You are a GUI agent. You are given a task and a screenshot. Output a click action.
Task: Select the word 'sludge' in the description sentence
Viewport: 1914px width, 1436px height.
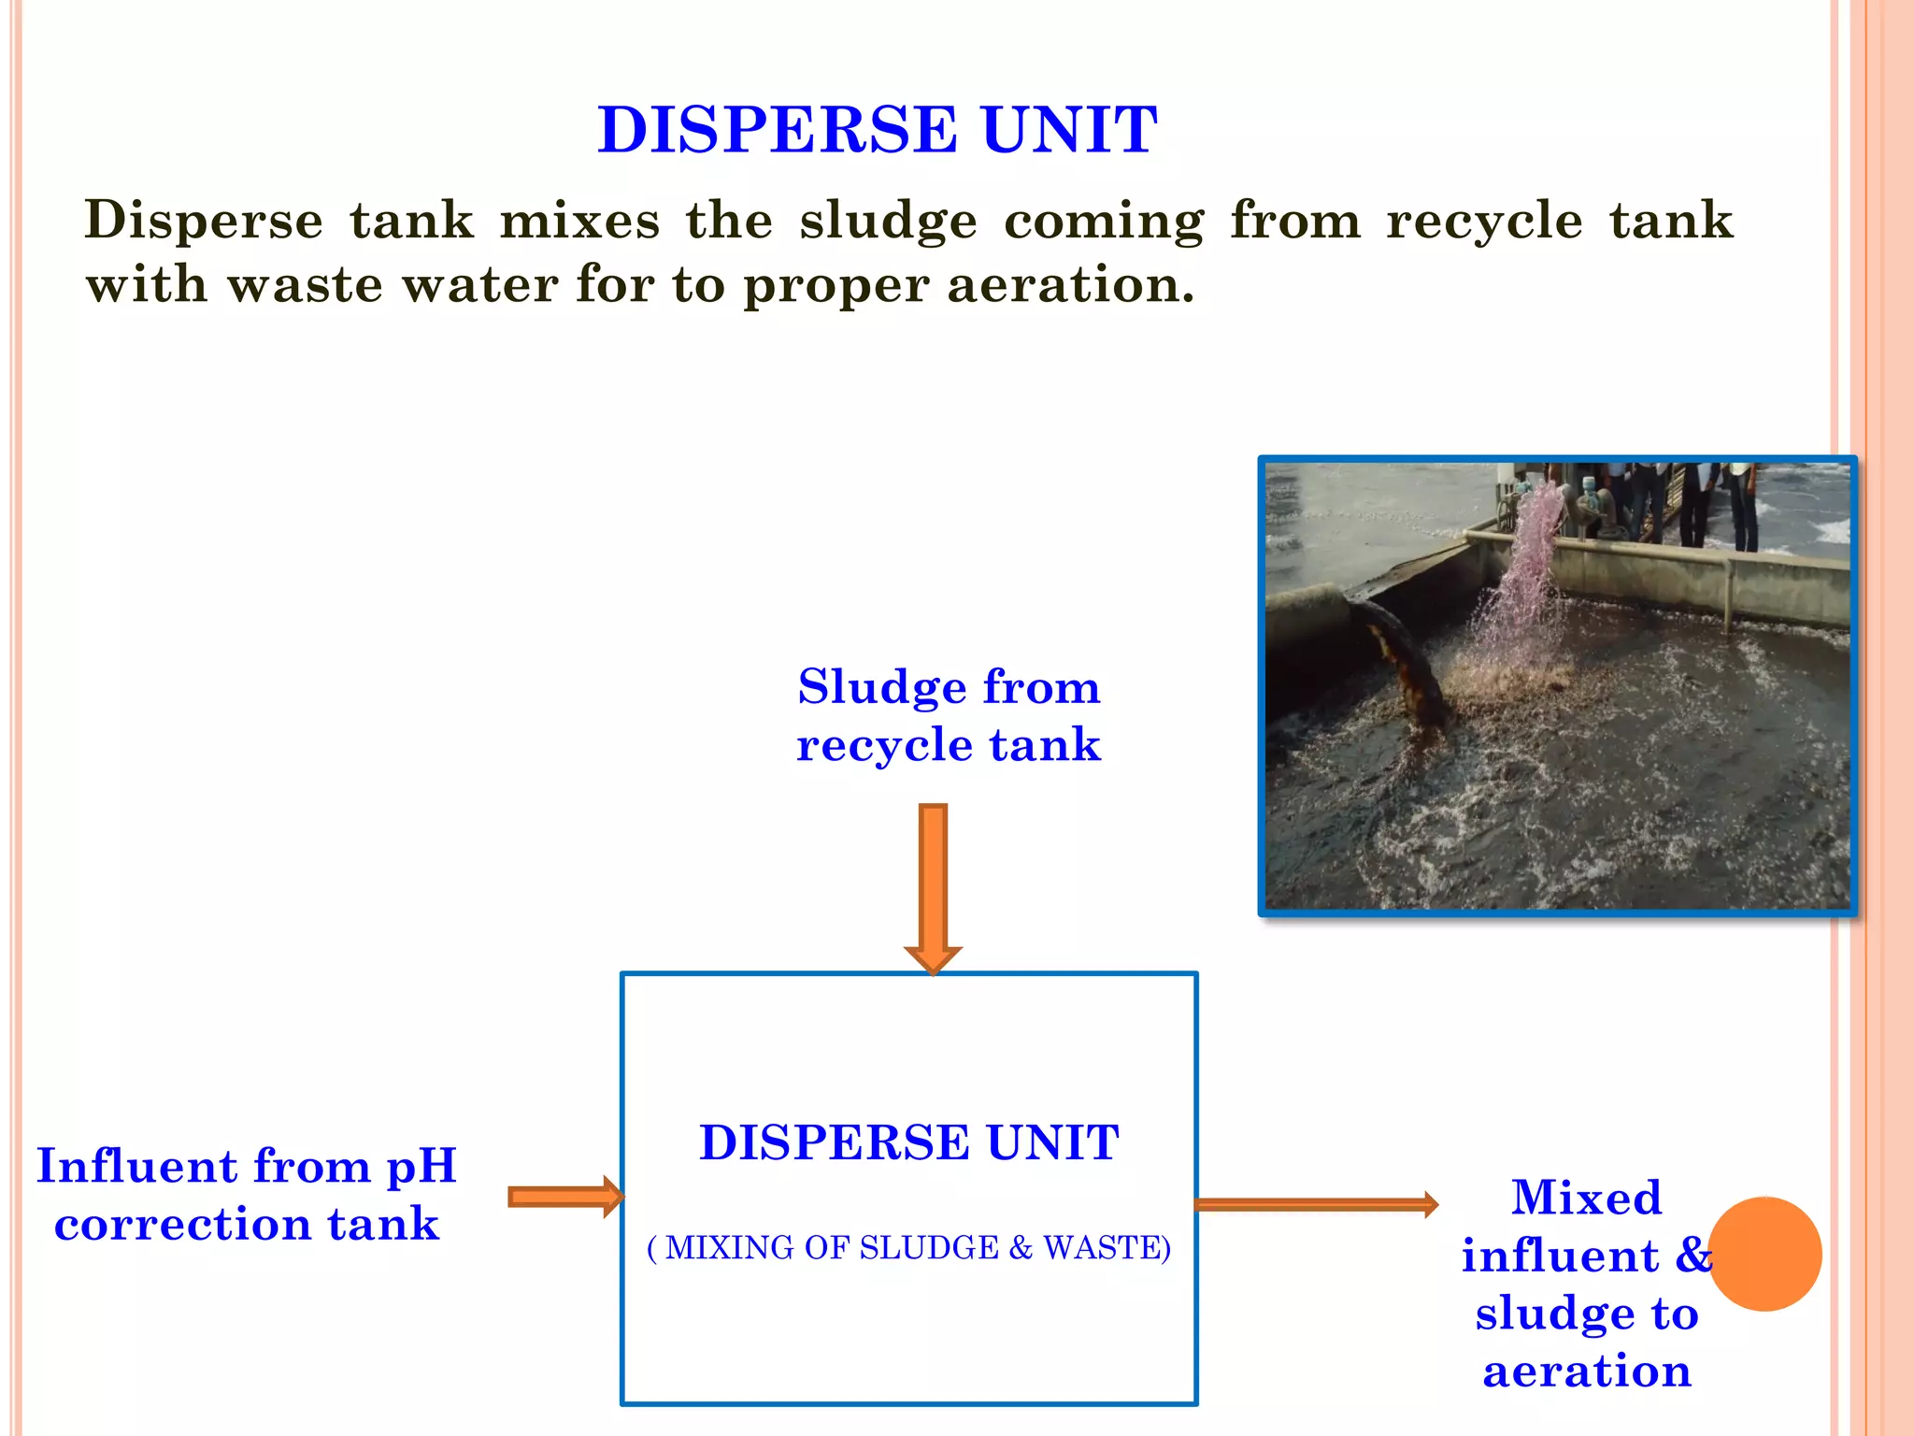888,222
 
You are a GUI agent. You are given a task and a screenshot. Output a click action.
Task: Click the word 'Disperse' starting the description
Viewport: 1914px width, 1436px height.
204,222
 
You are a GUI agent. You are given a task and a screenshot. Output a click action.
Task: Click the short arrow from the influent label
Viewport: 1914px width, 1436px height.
564,1197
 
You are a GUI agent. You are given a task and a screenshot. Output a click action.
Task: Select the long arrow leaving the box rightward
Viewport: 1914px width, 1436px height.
1316,1204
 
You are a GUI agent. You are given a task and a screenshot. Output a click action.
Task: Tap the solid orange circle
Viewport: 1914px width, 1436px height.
1764,1254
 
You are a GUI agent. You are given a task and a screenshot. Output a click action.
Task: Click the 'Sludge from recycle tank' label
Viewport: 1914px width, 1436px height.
949,715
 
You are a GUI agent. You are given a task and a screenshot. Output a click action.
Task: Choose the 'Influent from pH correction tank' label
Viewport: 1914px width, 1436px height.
247,1195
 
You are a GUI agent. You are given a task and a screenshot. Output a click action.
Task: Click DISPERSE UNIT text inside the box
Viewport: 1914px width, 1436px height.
909,1142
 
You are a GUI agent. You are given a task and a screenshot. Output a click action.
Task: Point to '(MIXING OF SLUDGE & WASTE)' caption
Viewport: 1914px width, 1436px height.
909,1248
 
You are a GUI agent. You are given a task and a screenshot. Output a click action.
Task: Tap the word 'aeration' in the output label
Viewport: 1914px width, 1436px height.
1587,1371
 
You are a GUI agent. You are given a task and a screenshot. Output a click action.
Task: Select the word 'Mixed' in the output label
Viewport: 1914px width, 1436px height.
1587,1198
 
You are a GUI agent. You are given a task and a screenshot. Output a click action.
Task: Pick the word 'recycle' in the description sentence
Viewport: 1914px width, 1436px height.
1484,222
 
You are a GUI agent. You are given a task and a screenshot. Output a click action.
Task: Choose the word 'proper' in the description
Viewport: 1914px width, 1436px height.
836,286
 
